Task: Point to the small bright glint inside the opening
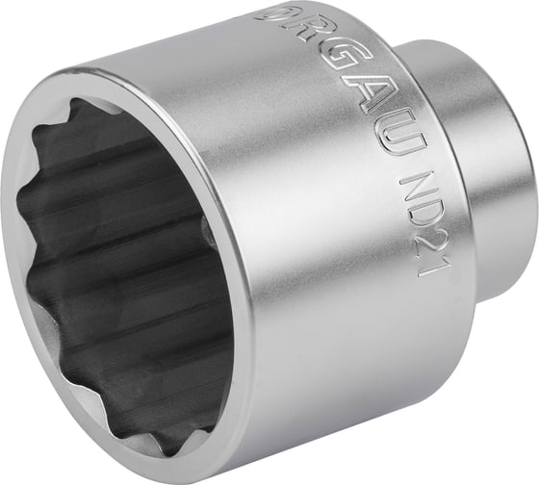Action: [205, 228]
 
